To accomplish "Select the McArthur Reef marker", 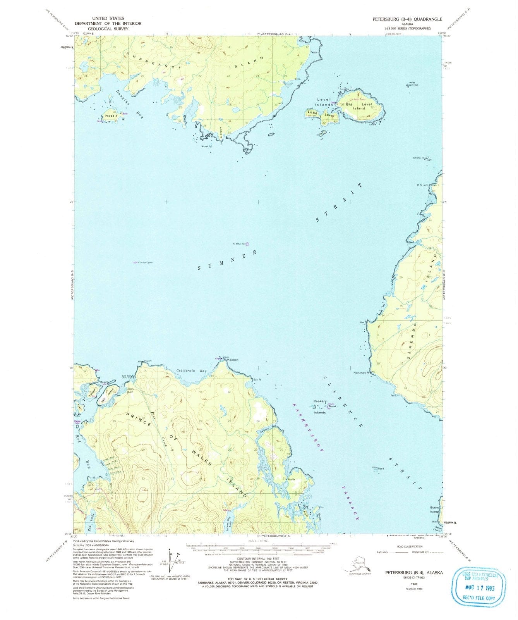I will click(x=247, y=244).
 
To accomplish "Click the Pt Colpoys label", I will click(x=232, y=360).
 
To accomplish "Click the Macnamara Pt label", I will click(x=362, y=373).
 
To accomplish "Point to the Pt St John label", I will click(x=423, y=185).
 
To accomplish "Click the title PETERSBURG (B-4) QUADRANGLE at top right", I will click(x=407, y=19).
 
